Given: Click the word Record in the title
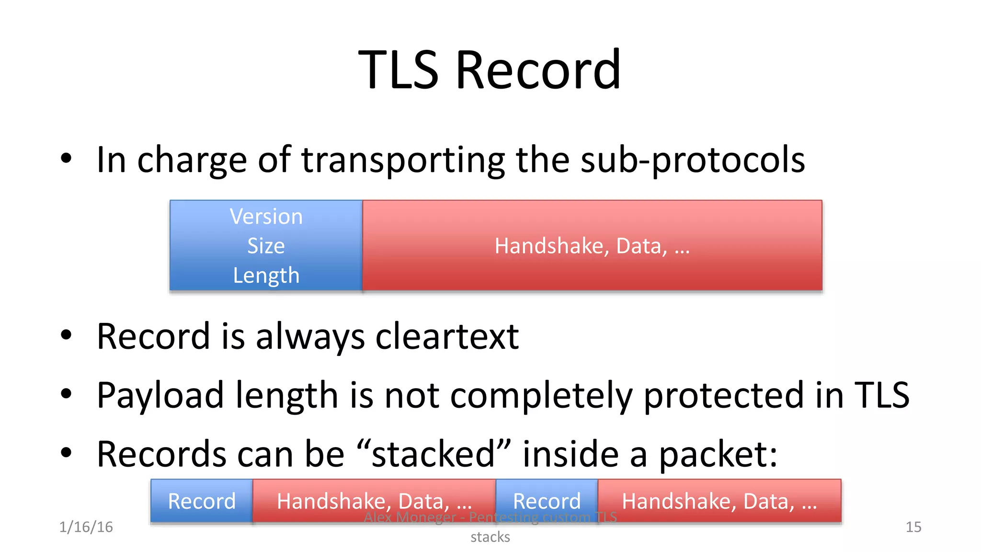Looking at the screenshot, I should (x=538, y=70).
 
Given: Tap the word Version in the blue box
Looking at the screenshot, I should (x=266, y=217).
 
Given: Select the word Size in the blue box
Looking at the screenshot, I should (x=266, y=246).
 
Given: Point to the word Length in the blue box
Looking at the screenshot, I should (x=266, y=276).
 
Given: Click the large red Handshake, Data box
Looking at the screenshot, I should (x=592, y=246).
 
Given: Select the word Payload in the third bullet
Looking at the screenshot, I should (x=160, y=396).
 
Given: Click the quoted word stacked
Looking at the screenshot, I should (x=433, y=454).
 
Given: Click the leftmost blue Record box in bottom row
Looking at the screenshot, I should (x=202, y=501).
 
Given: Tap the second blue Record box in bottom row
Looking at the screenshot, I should (x=547, y=501).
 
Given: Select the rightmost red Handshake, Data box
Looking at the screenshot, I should (x=719, y=501).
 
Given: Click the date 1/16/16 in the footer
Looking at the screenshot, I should (x=86, y=527).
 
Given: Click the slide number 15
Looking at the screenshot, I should (x=913, y=527).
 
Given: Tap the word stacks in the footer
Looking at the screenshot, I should (x=490, y=537).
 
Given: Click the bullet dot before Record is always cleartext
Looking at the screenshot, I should (x=66, y=335).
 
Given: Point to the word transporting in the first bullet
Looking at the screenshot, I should (x=403, y=161).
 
